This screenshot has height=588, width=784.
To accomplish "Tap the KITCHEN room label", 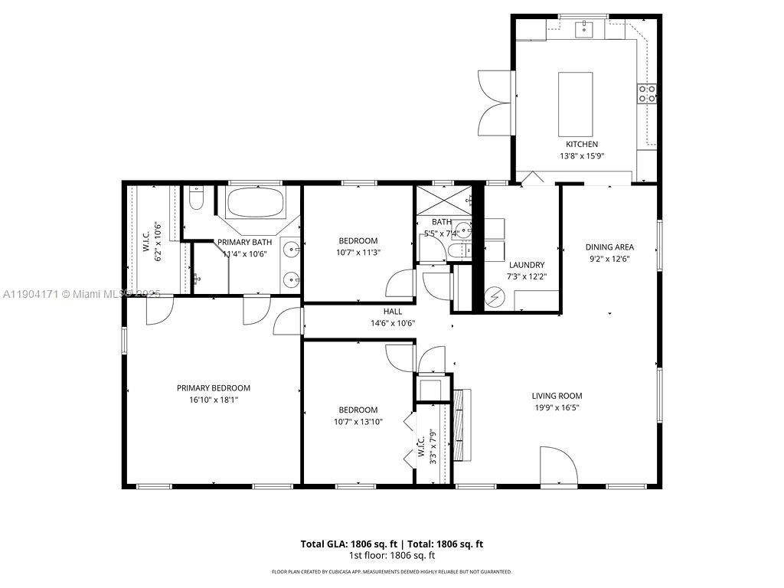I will point(581,144).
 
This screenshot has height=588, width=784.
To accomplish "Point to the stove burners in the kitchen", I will point(647,93).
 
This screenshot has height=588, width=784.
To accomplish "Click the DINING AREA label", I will point(609,247).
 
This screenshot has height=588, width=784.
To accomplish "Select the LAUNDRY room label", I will point(526,265).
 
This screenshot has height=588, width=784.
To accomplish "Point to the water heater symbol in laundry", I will point(494,295).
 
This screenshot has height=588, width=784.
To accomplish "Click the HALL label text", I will point(392,312).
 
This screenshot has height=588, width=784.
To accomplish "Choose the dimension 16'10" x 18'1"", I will point(214,400).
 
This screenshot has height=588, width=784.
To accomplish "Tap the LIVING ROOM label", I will point(557,396).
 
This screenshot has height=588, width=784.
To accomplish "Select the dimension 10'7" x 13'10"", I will point(358,422).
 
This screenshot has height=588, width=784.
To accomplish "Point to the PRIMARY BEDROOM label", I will point(214,387).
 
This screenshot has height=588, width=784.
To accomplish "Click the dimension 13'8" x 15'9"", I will point(581,156).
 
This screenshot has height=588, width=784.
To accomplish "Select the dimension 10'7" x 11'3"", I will point(358,253).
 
